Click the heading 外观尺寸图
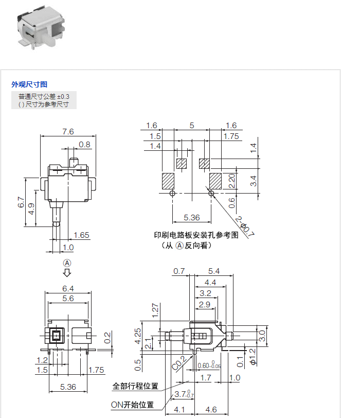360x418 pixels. pos(30,84)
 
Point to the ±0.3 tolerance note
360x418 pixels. pos(44,96)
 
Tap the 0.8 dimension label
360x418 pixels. pos(84,145)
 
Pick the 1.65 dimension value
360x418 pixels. pos(81,235)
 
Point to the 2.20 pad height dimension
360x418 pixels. pos(232,180)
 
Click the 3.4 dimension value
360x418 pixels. pos(253,180)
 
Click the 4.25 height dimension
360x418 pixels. pos(138,336)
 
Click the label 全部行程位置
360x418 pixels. pos(135,386)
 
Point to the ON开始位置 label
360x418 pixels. pos(133,405)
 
